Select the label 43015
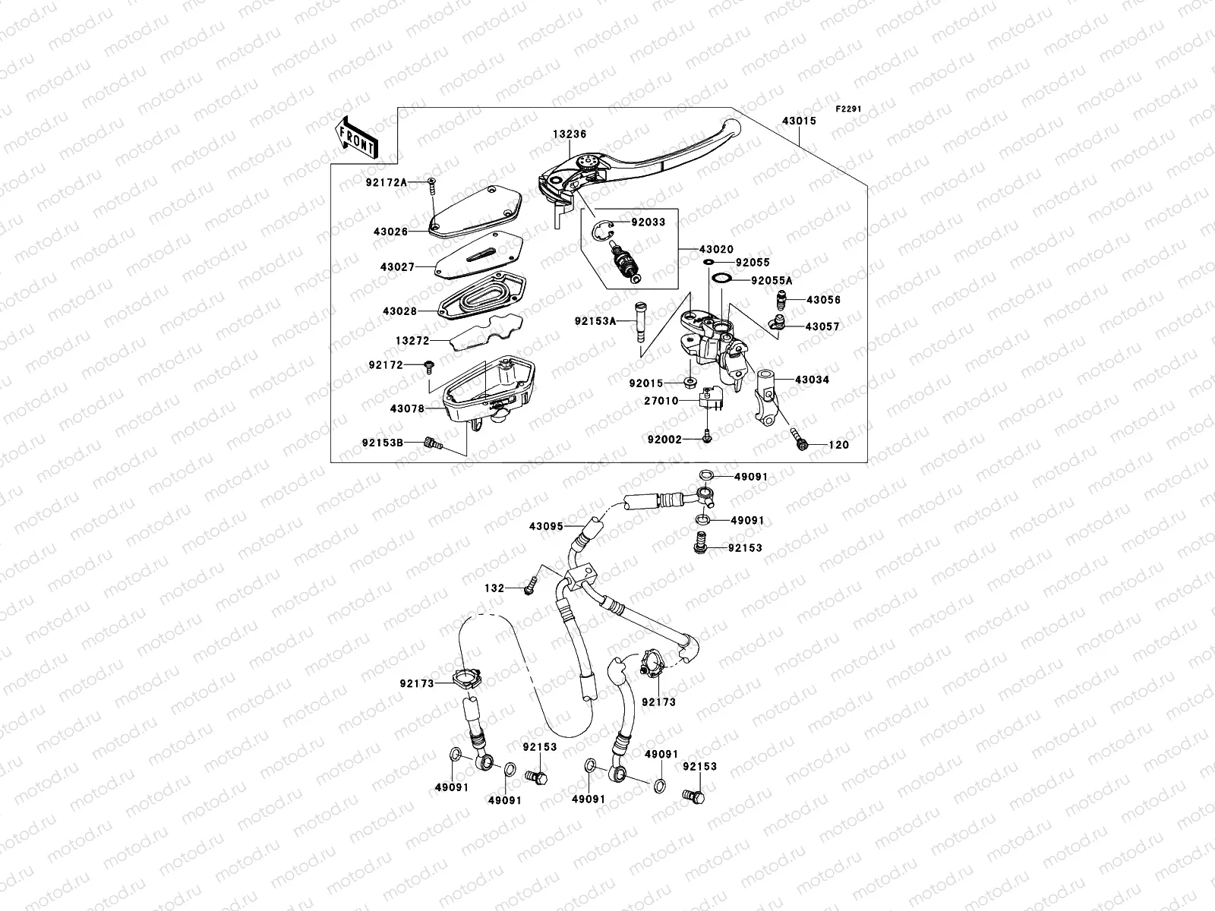[x=798, y=121]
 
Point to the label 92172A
[x=387, y=182]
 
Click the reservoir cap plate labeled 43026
[x=475, y=212]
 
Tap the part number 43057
[x=822, y=326]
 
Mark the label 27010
[x=661, y=401]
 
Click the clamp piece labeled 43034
[x=767, y=395]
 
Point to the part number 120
[x=838, y=445]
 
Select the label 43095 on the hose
[x=547, y=525]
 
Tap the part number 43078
[x=407, y=408]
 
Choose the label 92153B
[x=382, y=442]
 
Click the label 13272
[x=412, y=342]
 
